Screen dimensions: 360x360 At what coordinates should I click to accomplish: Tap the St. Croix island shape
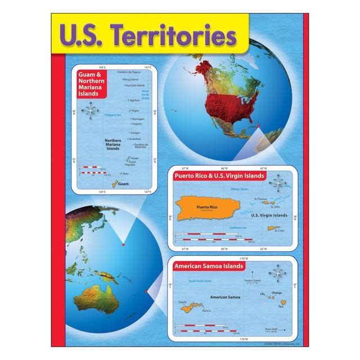(273, 228)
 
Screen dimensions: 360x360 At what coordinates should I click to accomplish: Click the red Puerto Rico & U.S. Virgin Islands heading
(219, 175)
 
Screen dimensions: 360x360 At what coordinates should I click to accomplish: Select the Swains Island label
(252, 280)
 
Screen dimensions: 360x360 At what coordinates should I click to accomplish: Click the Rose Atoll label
(271, 329)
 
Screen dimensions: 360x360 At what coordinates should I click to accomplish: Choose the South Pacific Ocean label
(200, 280)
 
